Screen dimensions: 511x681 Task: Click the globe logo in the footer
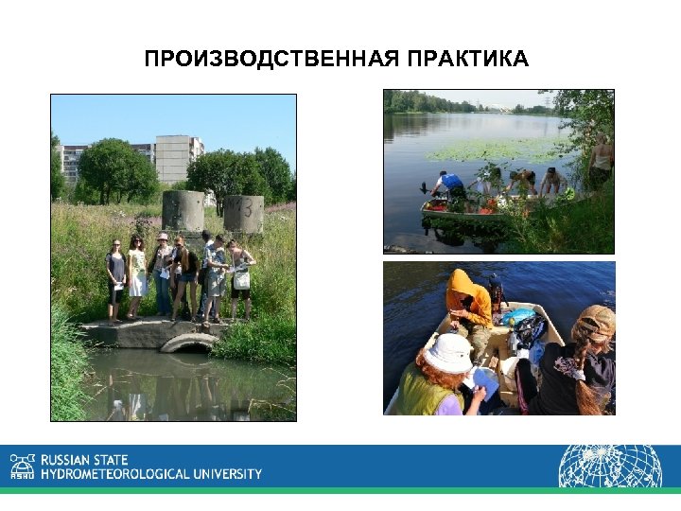tap(609, 466)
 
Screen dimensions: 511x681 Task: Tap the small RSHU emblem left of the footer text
tap(22, 467)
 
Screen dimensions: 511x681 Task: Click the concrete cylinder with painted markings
tap(243, 214)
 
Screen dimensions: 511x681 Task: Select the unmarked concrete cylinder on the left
tap(183, 210)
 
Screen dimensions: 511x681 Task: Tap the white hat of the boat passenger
tap(447, 353)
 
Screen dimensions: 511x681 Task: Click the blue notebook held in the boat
tap(485, 384)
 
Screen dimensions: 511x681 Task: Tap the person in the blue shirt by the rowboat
tap(450, 184)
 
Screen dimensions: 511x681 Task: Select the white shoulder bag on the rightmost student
tap(242, 280)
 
